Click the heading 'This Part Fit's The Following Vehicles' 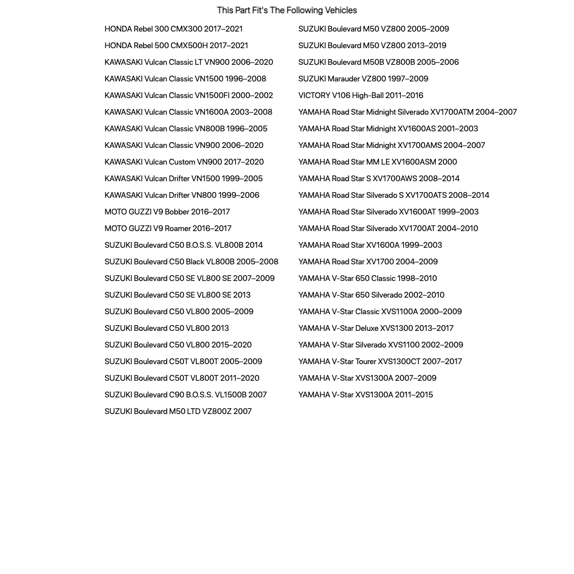point(287,10)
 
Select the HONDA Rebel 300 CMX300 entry point(173,29)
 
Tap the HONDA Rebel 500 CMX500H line point(176,45)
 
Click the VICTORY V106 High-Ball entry point(361,95)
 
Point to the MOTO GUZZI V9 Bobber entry point(167,212)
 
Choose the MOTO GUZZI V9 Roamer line point(168,228)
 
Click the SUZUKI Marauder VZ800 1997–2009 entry point(363,79)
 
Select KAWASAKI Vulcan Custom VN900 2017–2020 point(184,162)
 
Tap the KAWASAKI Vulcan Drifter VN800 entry point(182,195)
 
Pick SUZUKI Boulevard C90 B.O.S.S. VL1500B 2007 point(185,395)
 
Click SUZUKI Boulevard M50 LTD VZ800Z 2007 point(178,411)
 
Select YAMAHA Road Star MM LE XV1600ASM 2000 point(377,162)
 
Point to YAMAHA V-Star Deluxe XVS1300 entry point(376,328)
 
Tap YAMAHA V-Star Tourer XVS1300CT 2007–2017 point(380,361)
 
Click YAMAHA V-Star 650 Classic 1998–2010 point(368,278)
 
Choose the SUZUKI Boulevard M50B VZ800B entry point(378,62)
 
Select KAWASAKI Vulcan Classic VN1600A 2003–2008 point(188,112)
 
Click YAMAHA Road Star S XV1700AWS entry point(378,178)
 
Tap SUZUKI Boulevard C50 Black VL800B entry point(191,261)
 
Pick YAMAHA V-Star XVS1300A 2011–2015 point(365,395)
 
